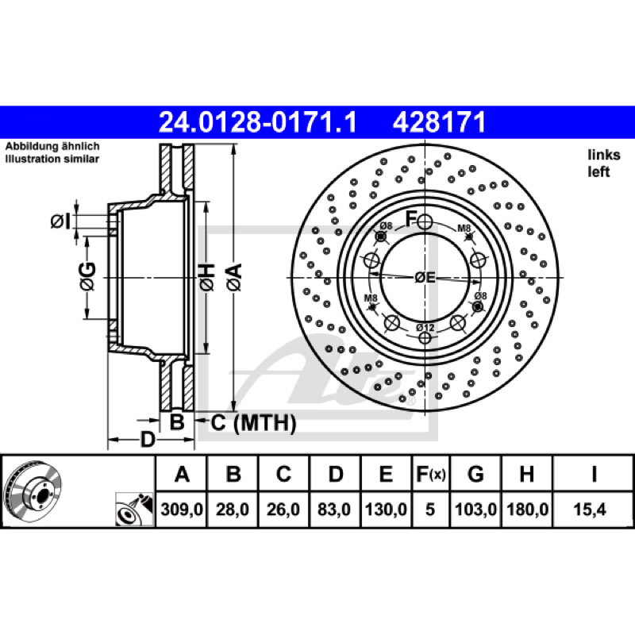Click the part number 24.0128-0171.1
point(258,122)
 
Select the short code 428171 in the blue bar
point(439,122)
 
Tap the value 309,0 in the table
point(182,509)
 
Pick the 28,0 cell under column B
point(233,509)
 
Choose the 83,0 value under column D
point(334,509)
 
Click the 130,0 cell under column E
point(386,509)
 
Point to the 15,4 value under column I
point(590,509)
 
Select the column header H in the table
point(526,474)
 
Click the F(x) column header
point(431,474)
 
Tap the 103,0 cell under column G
point(475,509)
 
